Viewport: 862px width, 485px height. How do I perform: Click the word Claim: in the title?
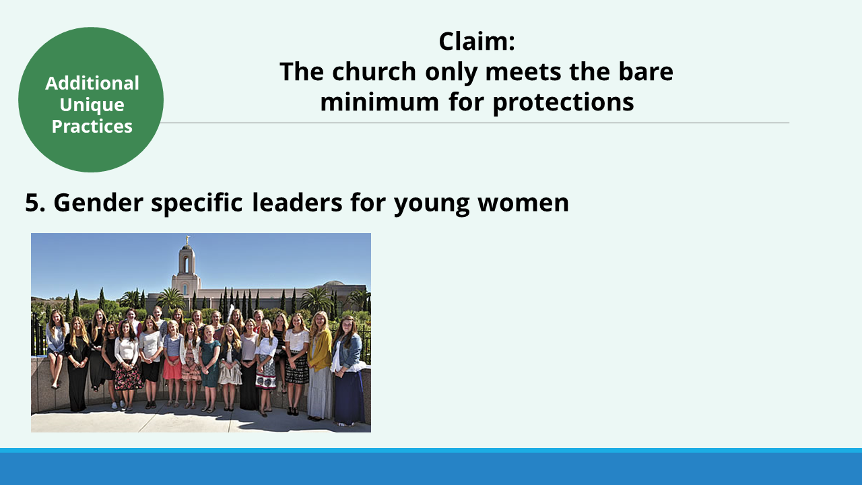pos(476,41)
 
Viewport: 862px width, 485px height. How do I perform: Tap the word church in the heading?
pos(374,71)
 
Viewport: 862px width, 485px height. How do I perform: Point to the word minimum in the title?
pos(379,102)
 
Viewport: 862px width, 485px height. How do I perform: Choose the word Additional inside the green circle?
pos(92,83)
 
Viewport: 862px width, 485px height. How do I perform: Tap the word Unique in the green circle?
pos(92,105)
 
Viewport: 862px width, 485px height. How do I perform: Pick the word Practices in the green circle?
pos(92,126)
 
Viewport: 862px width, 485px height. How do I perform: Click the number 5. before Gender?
pos(35,203)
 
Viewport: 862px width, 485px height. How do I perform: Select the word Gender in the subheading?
pos(98,203)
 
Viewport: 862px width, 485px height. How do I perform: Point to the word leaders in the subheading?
pos(297,203)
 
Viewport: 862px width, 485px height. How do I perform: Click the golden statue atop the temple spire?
pos(188,239)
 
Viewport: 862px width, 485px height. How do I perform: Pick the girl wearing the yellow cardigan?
pos(319,365)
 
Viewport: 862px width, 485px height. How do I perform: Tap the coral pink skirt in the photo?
pos(172,368)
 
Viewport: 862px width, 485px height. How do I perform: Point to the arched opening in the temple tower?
pos(187,265)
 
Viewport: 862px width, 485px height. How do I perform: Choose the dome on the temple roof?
pos(333,283)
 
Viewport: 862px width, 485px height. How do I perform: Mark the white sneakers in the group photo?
pos(118,405)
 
